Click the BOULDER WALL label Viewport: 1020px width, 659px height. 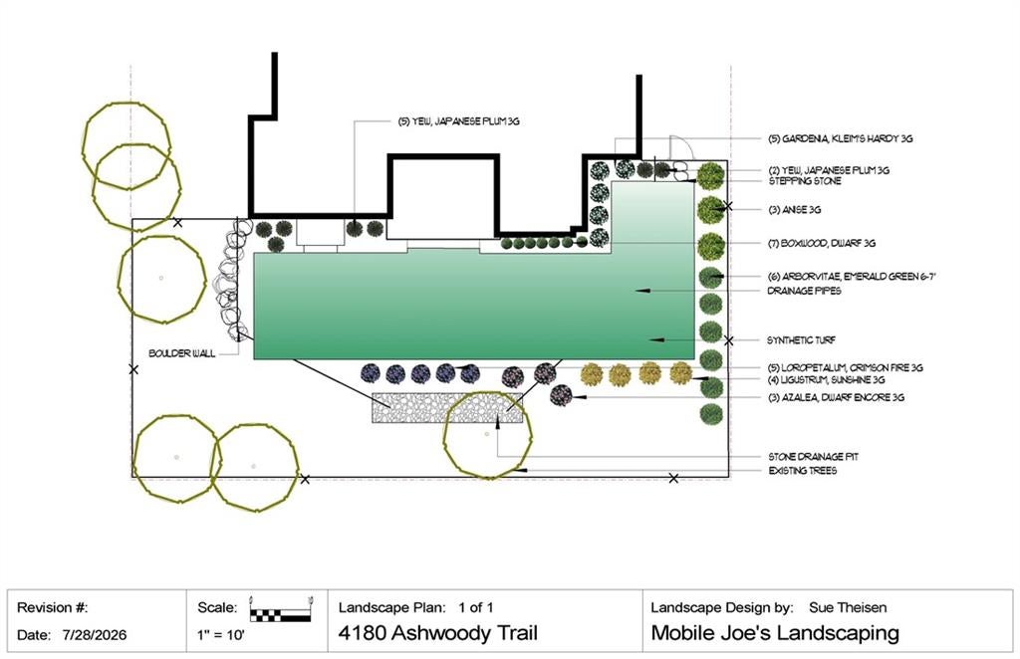tap(181, 353)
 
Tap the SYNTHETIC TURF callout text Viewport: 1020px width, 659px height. tap(802, 339)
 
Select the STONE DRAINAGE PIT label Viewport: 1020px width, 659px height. tap(813, 457)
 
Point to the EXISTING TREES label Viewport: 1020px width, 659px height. tap(803, 471)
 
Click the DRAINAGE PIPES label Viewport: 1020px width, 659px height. tap(804, 291)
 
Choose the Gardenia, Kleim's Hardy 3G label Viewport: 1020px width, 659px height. tap(841, 138)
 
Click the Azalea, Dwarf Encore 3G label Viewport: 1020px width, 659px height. tap(837, 397)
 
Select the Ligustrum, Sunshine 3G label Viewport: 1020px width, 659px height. tap(826, 379)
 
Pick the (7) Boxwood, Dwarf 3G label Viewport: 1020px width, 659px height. tap(822, 243)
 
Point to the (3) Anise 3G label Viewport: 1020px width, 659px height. tap(794, 210)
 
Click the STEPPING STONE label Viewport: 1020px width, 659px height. tap(805, 180)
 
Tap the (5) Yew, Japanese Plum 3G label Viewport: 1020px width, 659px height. tap(458, 121)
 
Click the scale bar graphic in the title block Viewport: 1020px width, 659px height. tap(280, 611)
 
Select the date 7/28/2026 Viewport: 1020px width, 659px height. tap(95, 635)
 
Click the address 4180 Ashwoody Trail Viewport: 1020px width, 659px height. tap(438, 633)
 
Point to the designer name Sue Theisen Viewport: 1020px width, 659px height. tap(848, 607)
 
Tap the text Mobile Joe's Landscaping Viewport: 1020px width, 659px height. tap(775, 633)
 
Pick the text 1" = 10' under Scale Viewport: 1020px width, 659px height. tap(221, 635)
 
